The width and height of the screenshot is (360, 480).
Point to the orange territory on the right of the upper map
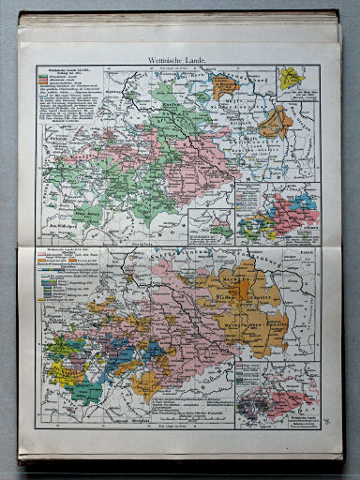[x=274, y=122]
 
